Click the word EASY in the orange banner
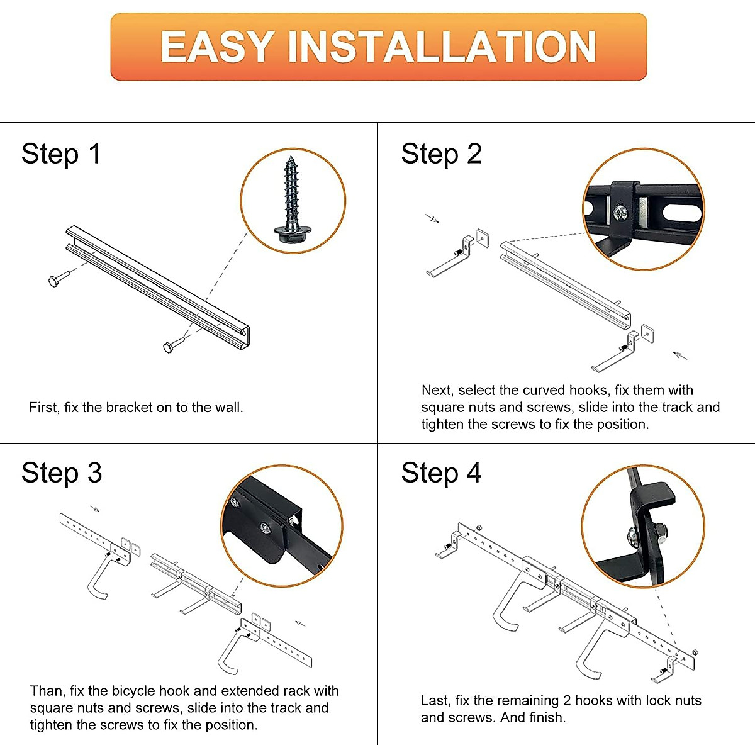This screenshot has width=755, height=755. coord(217,47)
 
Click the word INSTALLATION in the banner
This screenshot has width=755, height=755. coord(442,47)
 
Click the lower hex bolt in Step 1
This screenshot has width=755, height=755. coord(174,344)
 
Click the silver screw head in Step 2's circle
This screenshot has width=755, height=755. coord(620,213)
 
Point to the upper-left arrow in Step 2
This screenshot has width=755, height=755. coord(432,218)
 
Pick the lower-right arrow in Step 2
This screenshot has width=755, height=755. coord(680,355)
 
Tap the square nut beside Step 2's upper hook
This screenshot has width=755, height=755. coord(483,238)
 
